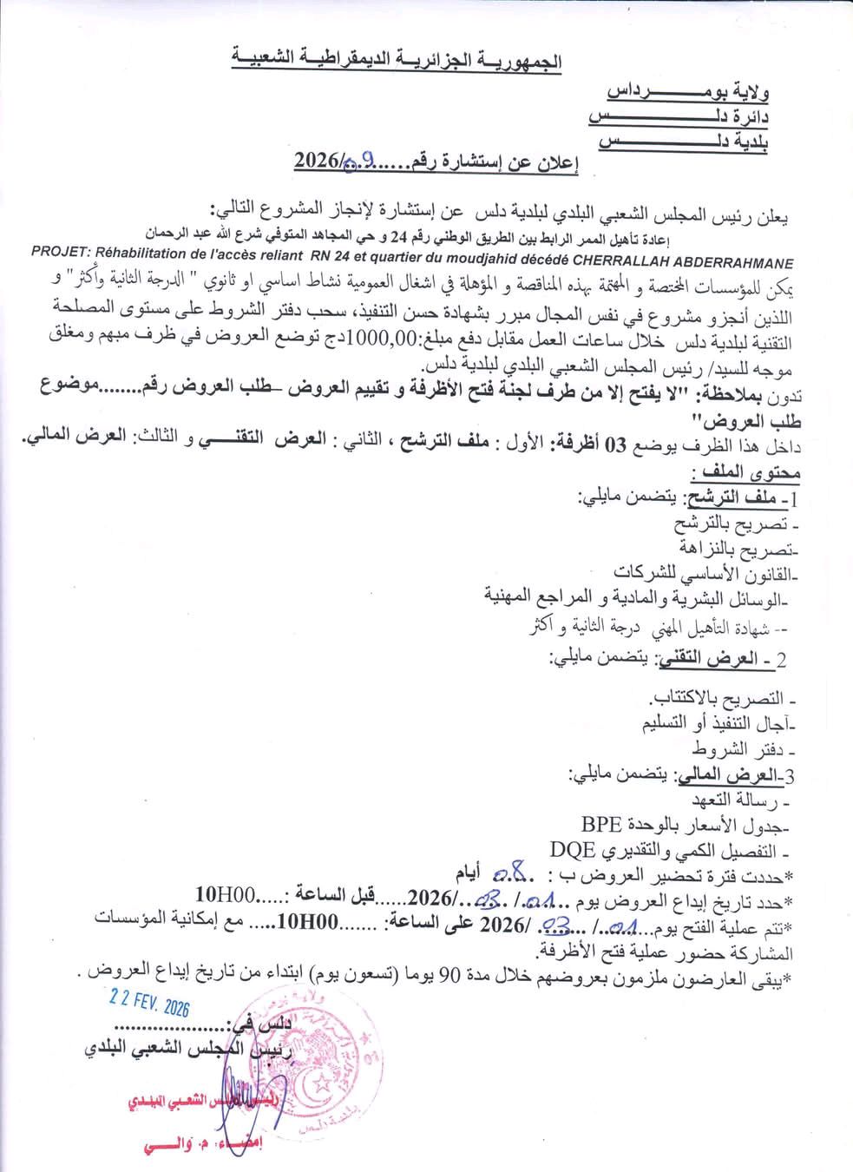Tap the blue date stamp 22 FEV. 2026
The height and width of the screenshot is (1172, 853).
(x=149, y=1007)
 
